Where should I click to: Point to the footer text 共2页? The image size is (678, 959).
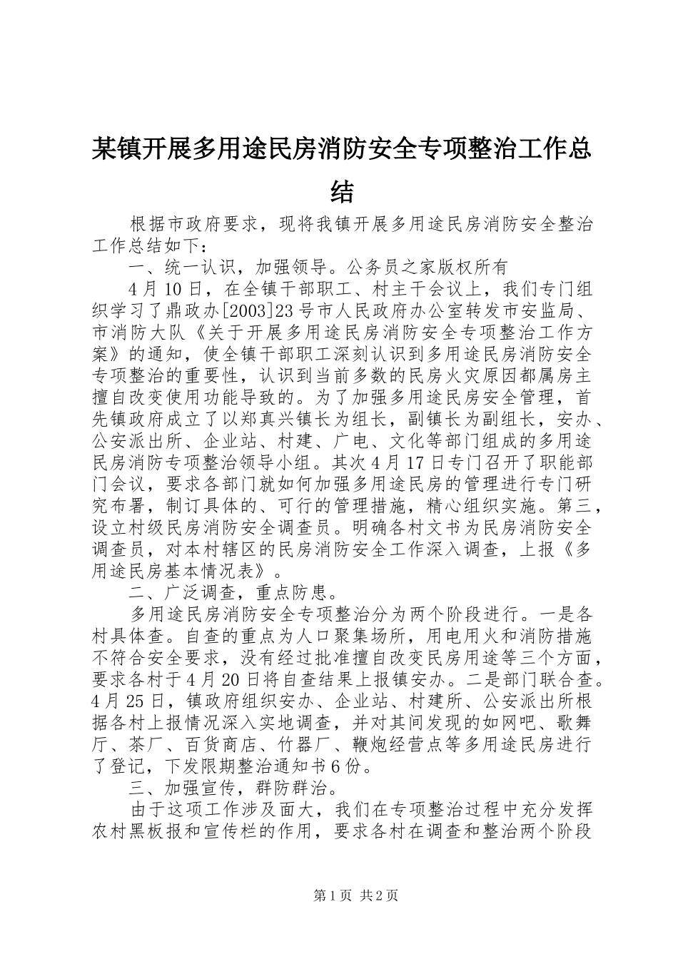point(380,895)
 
